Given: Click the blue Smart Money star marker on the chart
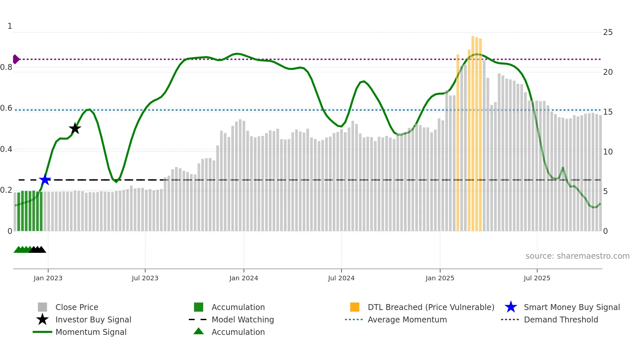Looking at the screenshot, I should pyautogui.click(x=45, y=180).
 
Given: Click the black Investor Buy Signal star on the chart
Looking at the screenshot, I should pyautogui.click(x=75, y=128).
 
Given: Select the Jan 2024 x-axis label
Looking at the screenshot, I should pyautogui.click(x=244, y=278).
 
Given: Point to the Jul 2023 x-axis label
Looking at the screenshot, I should pyautogui.click(x=145, y=278).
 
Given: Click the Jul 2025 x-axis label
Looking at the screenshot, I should pyautogui.click(x=537, y=278).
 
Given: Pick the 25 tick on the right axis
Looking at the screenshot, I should pyautogui.click(x=608, y=32).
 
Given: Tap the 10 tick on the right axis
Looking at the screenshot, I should pyautogui.click(x=608, y=152).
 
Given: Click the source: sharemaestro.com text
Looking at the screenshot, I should pyautogui.click(x=577, y=256).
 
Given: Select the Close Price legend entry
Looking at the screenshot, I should pyautogui.click(x=77, y=307).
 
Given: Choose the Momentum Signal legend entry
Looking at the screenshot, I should pyautogui.click(x=91, y=332).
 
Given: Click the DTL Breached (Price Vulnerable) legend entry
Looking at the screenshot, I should pyautogui.click(x=431, y=307).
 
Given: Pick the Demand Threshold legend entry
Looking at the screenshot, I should pyautogui.click(x=561, y=319).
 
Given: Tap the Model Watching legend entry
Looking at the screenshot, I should pyautogui.click(x=243, y=319).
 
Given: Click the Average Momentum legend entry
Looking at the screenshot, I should pyautogui.click(x=407, y=319).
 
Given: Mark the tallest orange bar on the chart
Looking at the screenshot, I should pyautogui.click(x=473, y=131).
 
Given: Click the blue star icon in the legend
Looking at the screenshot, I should pyautogui.click(x=511, y=307).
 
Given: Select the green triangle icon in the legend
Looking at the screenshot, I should pyautogui.click(x=199, y=331).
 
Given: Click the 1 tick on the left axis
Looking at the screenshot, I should pyautogui.click(x=10, y=26).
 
